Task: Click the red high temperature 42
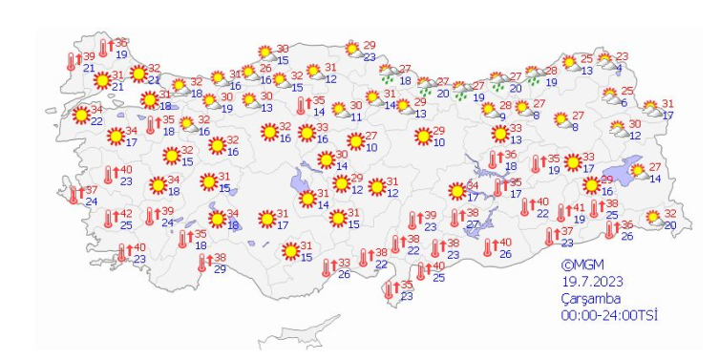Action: [x=126, y=214]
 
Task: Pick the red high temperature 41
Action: [x=577, y=209]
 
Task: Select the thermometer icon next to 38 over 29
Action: [x=201, y=263]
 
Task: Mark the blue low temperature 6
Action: [x=624, y=102]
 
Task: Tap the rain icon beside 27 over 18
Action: [x=389, y=75]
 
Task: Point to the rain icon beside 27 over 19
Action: [x=461, y=91]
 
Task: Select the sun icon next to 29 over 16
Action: [x=590, y=185]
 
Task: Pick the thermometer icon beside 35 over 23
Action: [x=390, y=290]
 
